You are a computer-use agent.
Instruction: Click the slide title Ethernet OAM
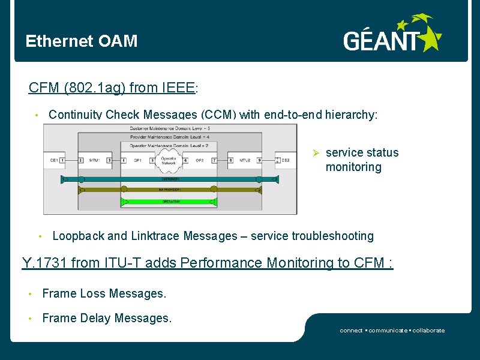(x=81, y=41)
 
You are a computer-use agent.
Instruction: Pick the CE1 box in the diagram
(x=55, y=160)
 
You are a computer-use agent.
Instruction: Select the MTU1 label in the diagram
(x=94, y=160)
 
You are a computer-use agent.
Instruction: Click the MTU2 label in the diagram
(x=244, y=160)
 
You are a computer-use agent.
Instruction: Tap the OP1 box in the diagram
(x=137, y=160)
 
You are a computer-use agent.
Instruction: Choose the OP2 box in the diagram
(x=199, y=160)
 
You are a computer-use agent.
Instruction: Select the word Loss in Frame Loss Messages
(x=86, y=294)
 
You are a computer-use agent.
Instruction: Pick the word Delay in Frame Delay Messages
(x=89, y=319)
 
